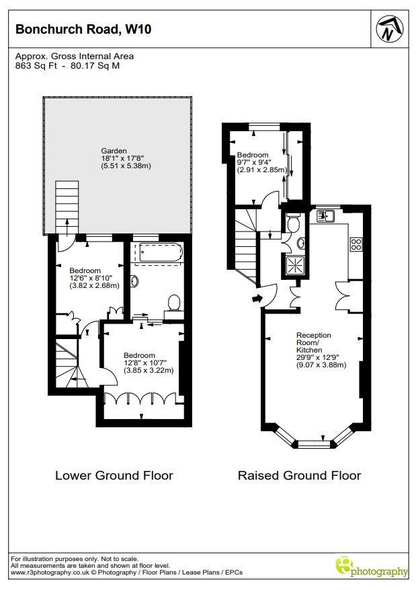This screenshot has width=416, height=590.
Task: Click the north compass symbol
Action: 390,29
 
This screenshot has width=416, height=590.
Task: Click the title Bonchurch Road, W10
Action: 83,29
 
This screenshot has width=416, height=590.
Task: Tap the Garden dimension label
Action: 126,158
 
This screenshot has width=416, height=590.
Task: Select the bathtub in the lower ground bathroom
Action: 161,252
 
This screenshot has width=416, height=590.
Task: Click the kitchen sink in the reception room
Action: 325,216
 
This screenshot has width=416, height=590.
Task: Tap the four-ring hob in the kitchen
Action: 356,244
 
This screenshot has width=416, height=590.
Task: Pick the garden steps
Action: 67,207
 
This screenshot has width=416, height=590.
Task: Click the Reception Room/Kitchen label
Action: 321,350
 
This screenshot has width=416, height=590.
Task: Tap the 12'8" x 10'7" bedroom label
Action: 149,363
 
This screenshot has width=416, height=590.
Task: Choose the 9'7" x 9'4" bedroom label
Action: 261,162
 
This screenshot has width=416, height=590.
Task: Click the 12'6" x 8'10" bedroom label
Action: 94,278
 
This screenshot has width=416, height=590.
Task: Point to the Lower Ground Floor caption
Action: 114,475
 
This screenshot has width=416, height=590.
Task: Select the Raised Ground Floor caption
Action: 300,475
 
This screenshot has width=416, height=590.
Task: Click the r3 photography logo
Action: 371,567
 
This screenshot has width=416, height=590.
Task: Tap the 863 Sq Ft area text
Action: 36,66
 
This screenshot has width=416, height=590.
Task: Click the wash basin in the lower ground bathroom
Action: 134,281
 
